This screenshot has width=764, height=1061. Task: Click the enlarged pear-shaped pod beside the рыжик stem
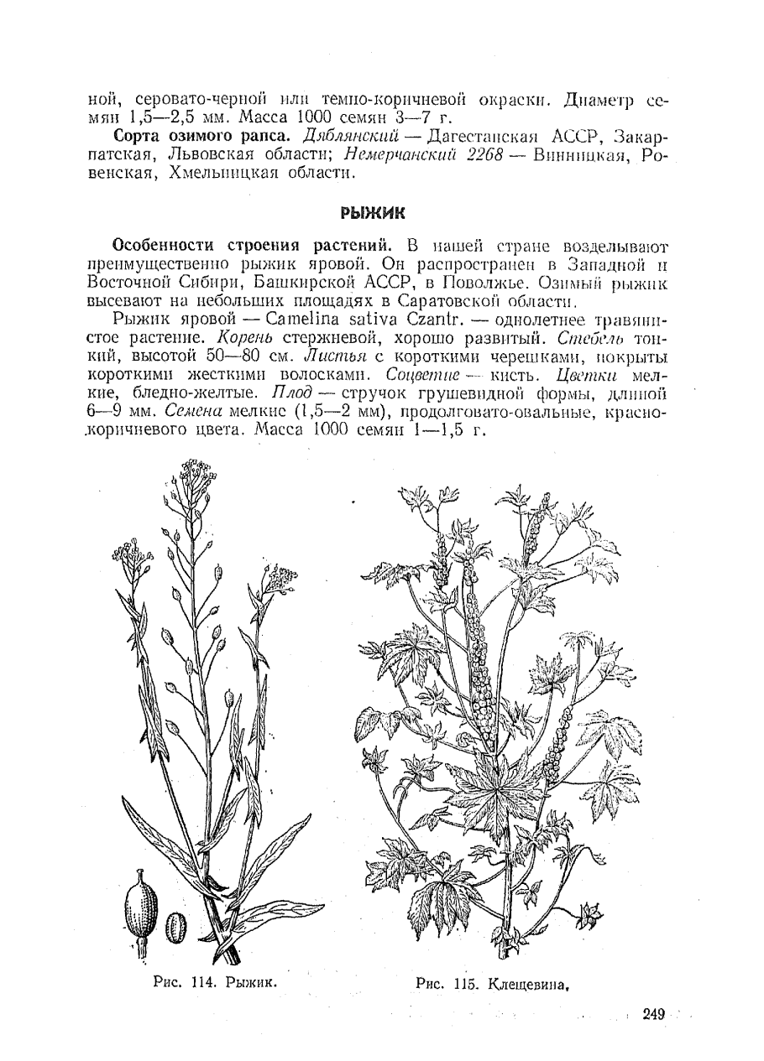tap(140, 907)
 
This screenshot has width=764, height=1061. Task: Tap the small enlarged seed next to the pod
tap(175, 927)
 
